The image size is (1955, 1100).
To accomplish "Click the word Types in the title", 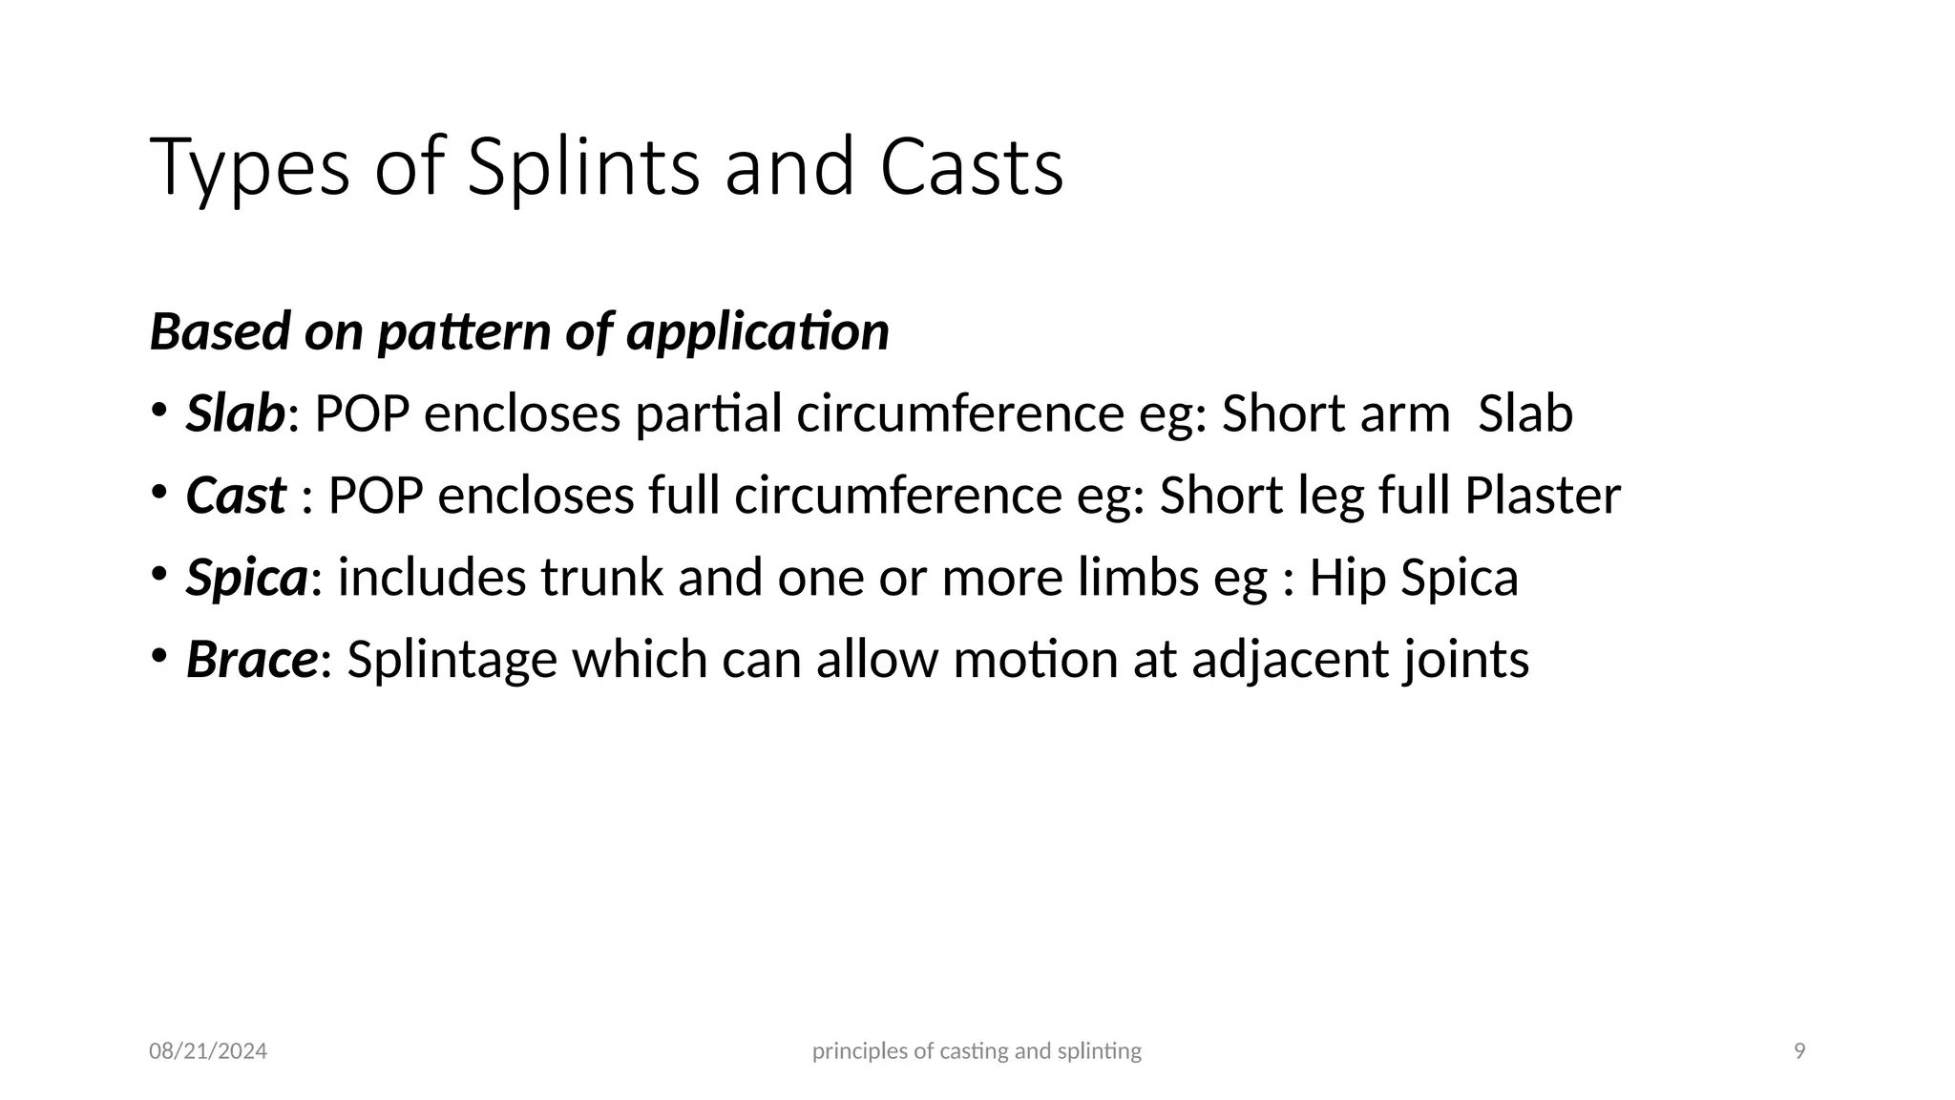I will [249, 168].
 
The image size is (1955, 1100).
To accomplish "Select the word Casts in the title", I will [971, 168].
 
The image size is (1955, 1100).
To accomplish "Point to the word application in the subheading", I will [758, 332].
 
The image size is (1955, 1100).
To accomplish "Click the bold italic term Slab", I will [235, 413].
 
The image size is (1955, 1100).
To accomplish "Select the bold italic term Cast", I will [235, 496].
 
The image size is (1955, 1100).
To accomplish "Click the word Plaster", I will [1542, 496].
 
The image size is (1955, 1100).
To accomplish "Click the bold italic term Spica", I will [246, 578].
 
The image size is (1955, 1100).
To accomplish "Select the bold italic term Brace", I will [251, 660].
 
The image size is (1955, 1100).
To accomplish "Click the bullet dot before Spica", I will [158, 574].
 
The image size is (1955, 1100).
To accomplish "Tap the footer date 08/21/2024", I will [208, 1051].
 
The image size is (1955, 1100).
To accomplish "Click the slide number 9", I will [1799, 1051].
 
